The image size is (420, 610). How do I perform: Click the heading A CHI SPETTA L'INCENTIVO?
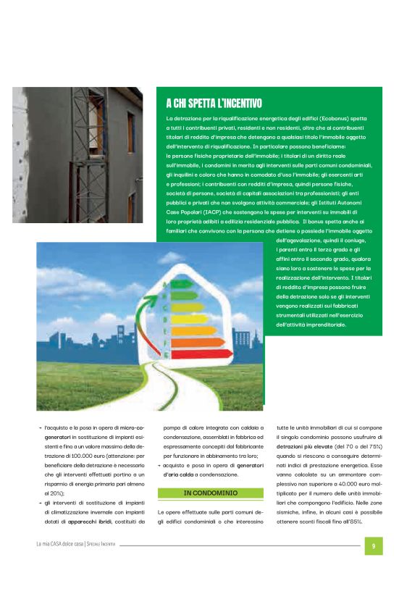click(x=214, y=104)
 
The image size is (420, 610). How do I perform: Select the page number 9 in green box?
click(x=373, y=546)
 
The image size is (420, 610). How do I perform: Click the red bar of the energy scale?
click(x=202, y=354)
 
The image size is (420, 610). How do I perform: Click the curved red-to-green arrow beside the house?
click(x=154, y=319)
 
